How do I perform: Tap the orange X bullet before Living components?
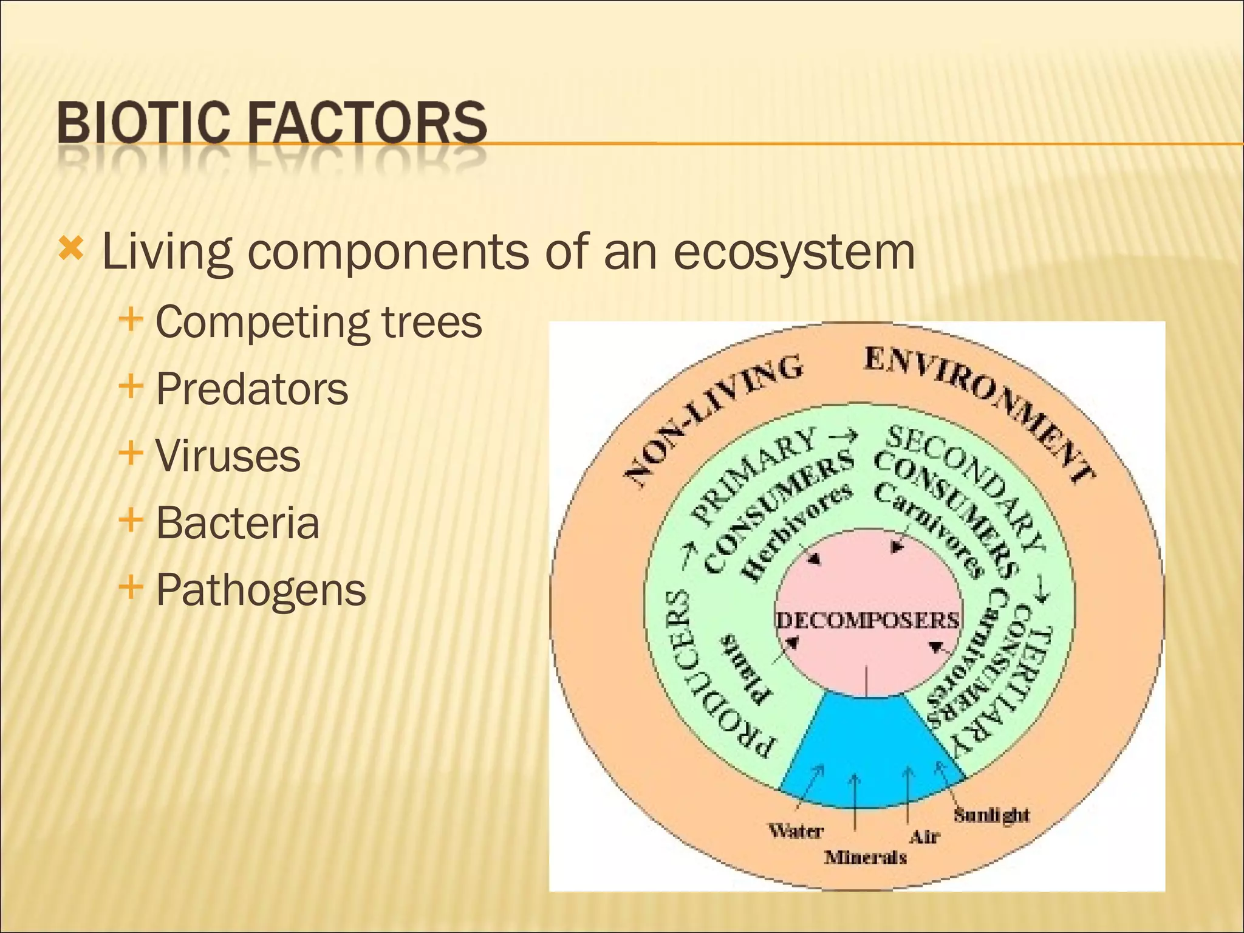click(x=71, y=248)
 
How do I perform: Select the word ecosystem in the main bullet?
click(x=793, y=251)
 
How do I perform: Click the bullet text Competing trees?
click(x=318, y=322)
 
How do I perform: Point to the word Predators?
click(x=251, y=389)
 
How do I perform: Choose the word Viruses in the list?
click(x=228, y=456)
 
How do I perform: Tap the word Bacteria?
click(x=237, y=522)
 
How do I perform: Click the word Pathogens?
click(x=261, y=590)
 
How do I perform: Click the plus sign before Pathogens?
click(x=131, y=587)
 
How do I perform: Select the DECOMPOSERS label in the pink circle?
click(x=867, y=620)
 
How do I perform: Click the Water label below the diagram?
click(x=795, y=830)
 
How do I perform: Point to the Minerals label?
click(x=865, y=857)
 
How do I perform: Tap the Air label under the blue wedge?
click(x=924, y=837)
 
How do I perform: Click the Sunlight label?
click(x=991, y=815)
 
